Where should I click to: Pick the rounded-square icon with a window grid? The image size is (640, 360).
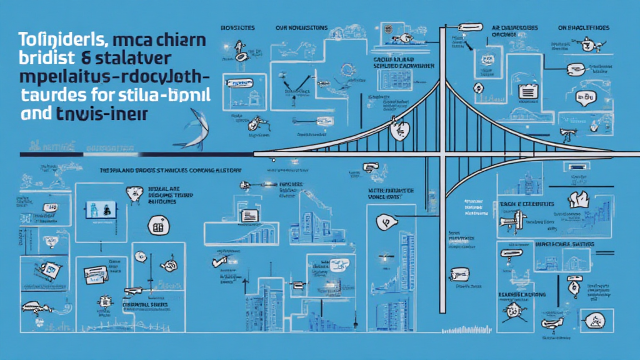point(156,226)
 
